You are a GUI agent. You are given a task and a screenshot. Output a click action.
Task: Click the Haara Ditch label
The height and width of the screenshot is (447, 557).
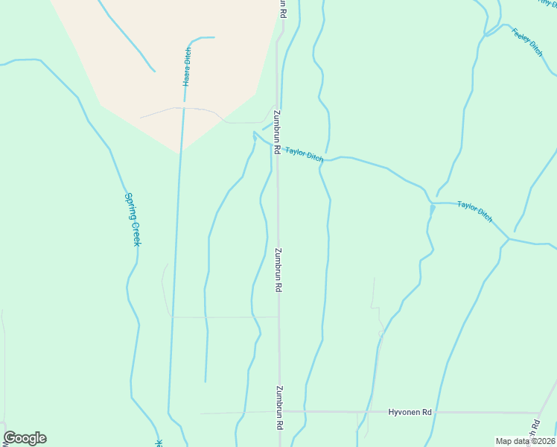187,66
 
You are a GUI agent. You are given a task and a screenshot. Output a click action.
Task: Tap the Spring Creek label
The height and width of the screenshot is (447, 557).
132,220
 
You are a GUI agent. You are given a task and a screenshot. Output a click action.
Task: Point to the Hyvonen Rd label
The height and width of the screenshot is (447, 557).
410,412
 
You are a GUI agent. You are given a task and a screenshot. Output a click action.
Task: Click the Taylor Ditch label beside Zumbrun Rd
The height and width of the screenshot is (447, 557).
304,153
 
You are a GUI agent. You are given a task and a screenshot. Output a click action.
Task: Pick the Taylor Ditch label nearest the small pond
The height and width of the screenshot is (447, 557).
474,211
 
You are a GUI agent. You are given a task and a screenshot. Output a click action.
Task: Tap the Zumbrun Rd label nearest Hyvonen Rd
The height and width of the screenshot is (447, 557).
279,407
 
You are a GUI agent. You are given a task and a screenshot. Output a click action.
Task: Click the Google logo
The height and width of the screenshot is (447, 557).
25,438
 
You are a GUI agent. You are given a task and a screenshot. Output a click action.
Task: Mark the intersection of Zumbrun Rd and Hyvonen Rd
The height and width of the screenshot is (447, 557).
280,411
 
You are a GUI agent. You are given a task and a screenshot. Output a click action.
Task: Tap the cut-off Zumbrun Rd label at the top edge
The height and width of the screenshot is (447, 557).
282,8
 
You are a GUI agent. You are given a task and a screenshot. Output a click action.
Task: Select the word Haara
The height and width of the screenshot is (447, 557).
187,77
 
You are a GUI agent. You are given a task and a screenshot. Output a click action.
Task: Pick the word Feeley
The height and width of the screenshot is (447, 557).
519,34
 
